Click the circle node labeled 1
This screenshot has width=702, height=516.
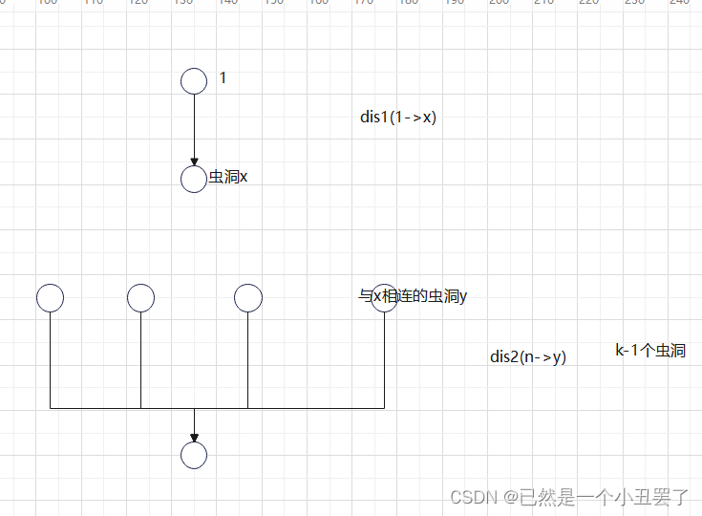point(194,80)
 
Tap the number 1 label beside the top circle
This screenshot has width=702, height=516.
point(223,78)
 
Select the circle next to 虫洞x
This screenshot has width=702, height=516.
point(194,179)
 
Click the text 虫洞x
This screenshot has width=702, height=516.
point(228,177)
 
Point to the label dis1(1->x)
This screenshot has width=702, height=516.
point(398,118)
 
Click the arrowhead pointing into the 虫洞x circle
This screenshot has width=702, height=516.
point(194,161)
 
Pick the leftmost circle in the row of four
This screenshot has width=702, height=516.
point(51,298)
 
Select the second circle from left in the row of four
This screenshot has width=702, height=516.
point(141,298)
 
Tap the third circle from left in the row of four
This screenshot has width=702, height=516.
point(248,298)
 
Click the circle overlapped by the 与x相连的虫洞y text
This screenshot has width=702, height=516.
point(384,298)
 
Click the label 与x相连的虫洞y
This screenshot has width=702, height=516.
point(413,296)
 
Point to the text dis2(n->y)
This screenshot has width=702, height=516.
point(528,357)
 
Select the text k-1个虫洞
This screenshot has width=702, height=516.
point(649,351)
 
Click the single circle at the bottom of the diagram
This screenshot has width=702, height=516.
point(194,456)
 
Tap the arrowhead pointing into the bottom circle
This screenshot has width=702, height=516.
point(194,437)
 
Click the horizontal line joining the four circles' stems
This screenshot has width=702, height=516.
point(306,408)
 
